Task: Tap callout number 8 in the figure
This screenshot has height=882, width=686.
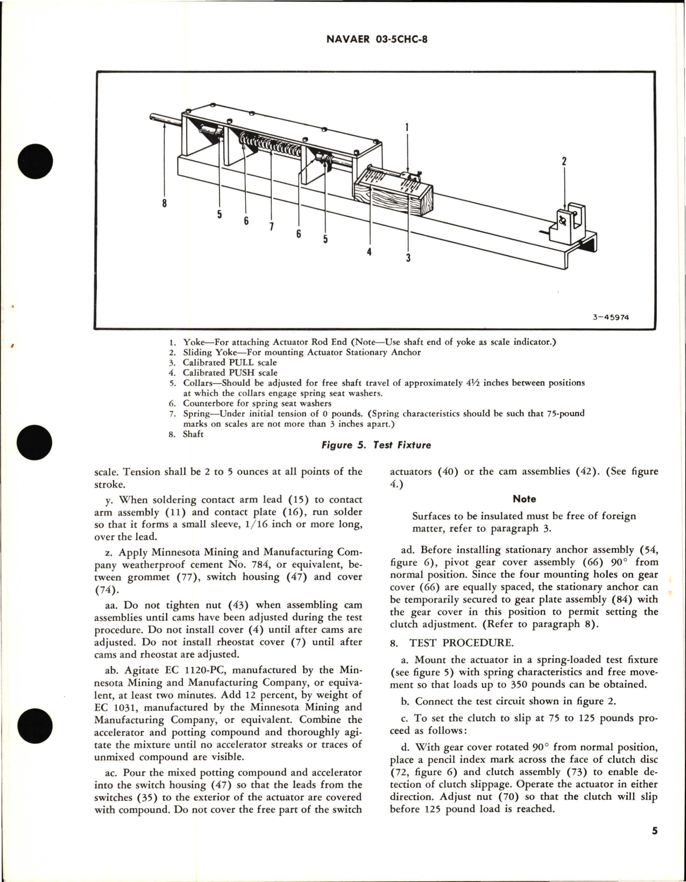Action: [164, 203]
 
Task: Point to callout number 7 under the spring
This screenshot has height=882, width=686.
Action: [271, 226]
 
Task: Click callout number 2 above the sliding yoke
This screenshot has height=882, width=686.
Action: [564, 161]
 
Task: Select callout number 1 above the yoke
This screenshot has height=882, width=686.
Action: [407, 127]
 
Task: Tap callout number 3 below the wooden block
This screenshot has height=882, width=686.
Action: [408, 258]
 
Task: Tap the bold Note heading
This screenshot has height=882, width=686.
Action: [524, 499]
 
